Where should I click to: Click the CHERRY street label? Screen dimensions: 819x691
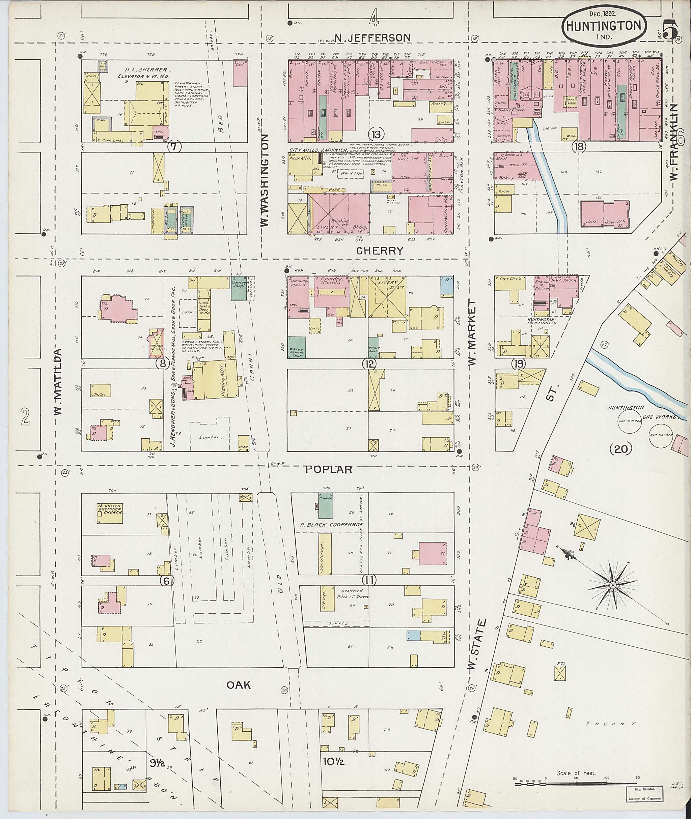[x=380, y=251]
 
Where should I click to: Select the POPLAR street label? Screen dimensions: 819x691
[x=329, y=469]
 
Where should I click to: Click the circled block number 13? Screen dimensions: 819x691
[x=376, y=134]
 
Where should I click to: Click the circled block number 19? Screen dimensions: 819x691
[x=518, y=364]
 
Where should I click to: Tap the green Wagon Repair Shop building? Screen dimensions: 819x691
[x=297, y=347]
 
